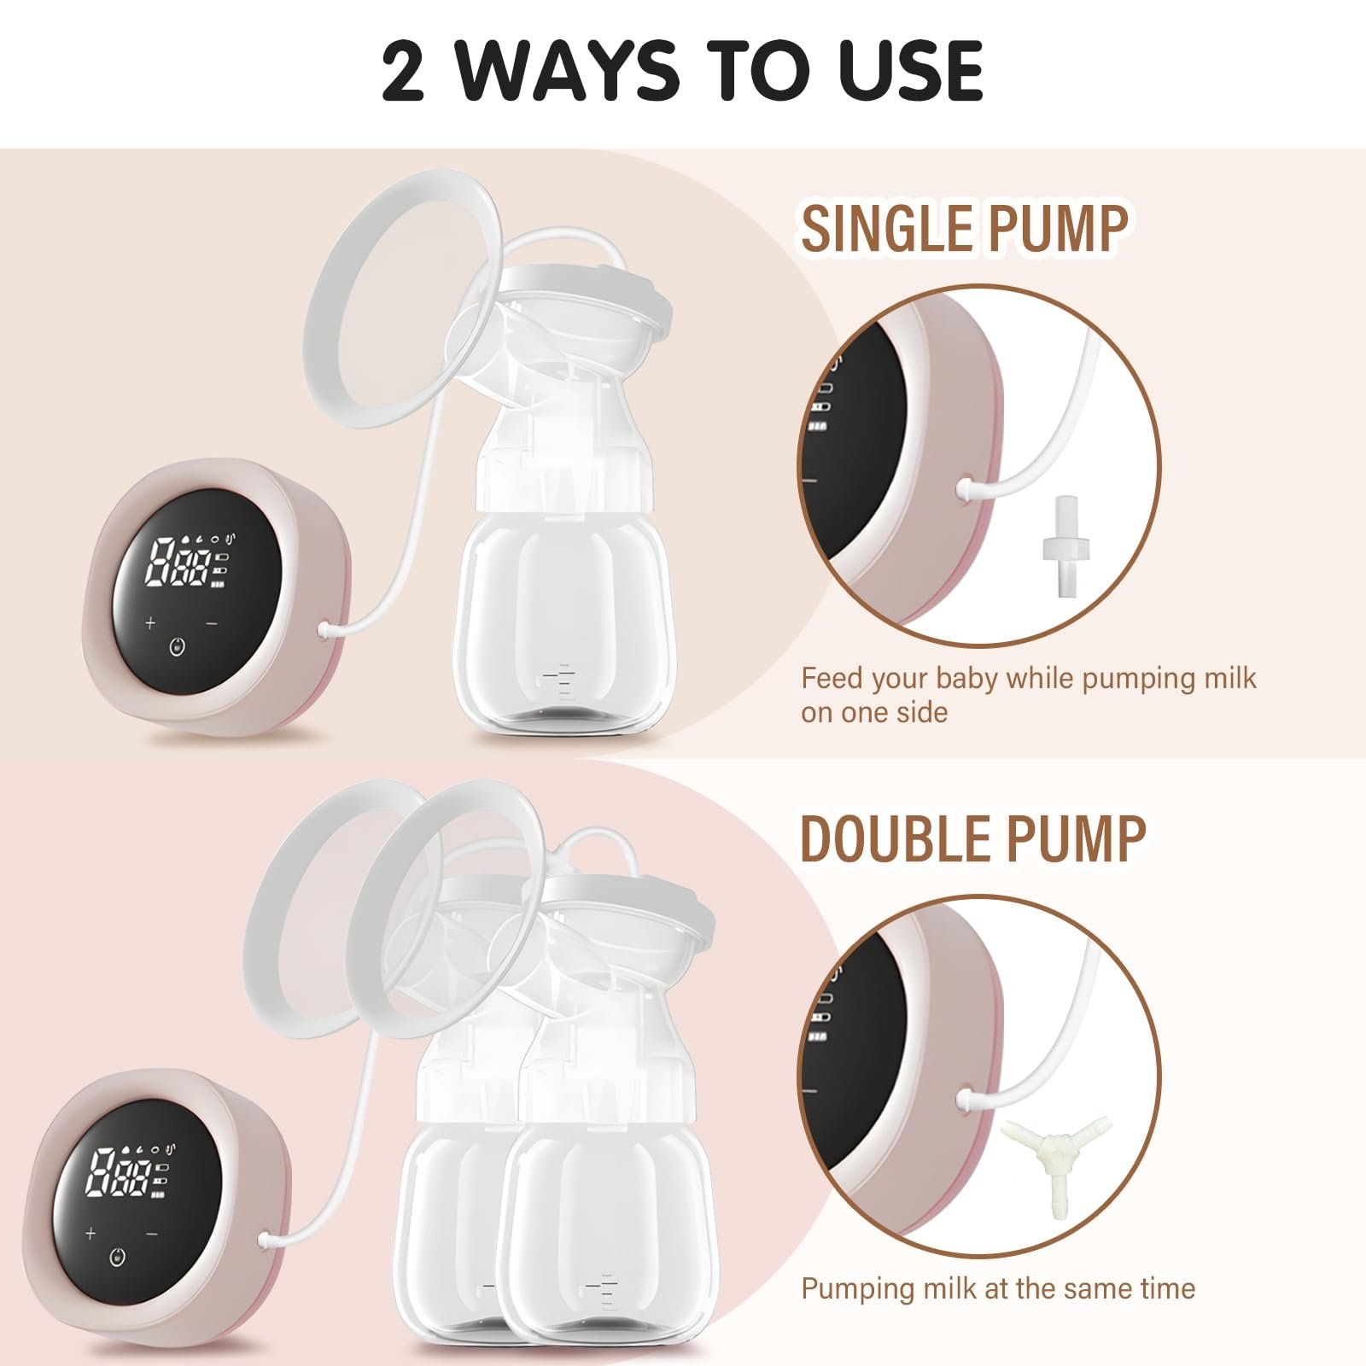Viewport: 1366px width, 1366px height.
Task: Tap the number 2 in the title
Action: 402,71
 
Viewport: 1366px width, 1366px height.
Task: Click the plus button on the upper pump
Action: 150,622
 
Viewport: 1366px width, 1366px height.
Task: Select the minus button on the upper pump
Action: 212,624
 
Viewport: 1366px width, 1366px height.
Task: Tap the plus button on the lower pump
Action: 90,1234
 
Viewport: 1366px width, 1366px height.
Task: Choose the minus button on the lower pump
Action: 152,1234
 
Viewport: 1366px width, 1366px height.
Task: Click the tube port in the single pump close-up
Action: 966,488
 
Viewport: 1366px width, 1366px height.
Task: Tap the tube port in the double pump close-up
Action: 966,1097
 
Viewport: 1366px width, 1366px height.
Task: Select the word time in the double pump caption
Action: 1165,1288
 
